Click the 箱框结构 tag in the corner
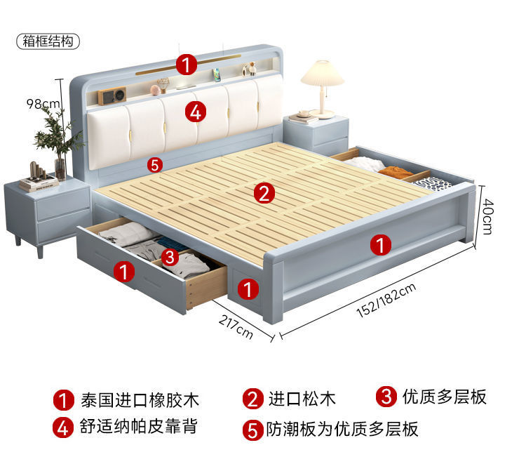pos(48,41)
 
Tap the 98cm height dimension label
pos(43,104)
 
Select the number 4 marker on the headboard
pos(196,111)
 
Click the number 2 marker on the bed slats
pos(263,192)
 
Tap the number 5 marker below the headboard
pos(155,165)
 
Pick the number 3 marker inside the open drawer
pos(168,257)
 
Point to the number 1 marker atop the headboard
pos(186,65)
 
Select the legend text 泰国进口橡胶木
pos(140,400)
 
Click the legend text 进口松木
pos(302,399)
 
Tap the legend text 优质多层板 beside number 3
pos(445,397)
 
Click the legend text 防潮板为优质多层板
pos(342,429)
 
